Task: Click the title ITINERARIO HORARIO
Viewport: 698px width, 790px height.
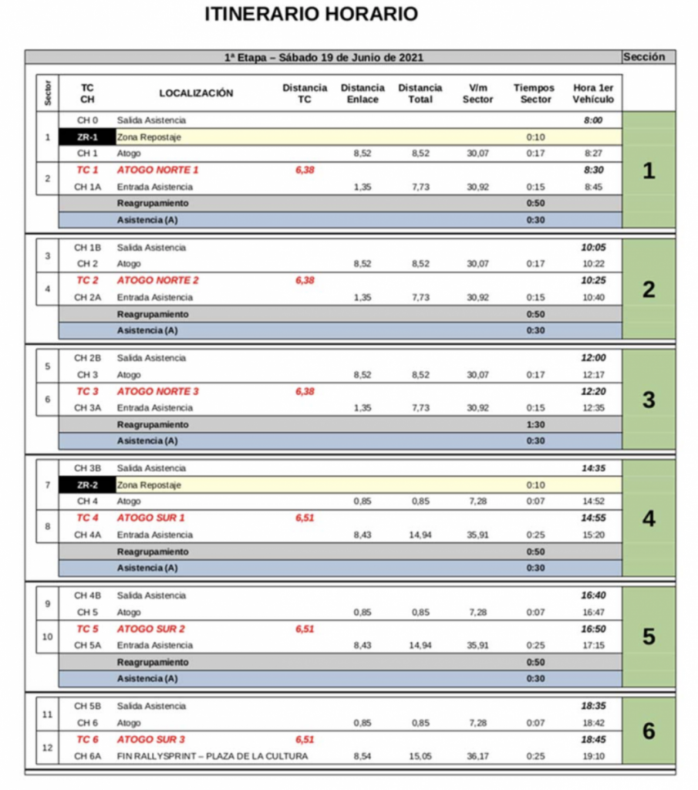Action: [312, 14]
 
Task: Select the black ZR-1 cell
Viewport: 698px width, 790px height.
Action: [87, 137]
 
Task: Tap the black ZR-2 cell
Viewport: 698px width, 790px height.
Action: [87, 485]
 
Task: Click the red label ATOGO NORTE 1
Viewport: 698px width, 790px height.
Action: [157, 170]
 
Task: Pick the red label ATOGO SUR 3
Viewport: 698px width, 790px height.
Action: [150, 740]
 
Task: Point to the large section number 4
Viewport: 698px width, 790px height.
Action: [648, 518]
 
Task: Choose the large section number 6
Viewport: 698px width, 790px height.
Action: [648, 731]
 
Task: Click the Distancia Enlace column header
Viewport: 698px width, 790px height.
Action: [362, 93]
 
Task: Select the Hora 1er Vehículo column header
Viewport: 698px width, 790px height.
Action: [593, 93]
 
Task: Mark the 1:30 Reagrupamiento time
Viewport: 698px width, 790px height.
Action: [534, 424]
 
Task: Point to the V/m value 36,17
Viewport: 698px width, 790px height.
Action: [477, 756]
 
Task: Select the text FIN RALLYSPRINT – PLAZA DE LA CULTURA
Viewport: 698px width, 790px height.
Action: [212, 756]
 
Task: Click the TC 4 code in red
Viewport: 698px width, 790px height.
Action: [87, 518]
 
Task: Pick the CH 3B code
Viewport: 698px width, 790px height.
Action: [87, 468]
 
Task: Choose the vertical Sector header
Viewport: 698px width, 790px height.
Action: [48, 93]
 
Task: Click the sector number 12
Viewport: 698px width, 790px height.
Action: [48, 748]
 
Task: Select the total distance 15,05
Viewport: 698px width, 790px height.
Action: [420, 756]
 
